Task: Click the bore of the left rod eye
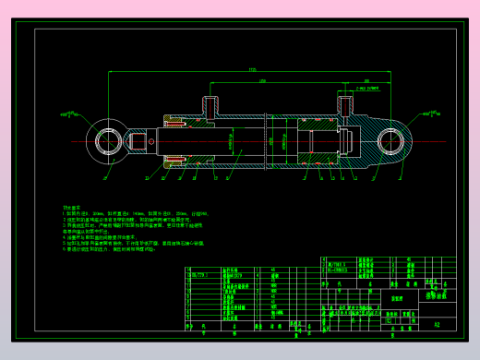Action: (107, 142)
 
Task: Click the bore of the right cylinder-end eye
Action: (393, 142)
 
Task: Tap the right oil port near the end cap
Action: (349, 104)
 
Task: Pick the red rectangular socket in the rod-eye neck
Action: (147, 142)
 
